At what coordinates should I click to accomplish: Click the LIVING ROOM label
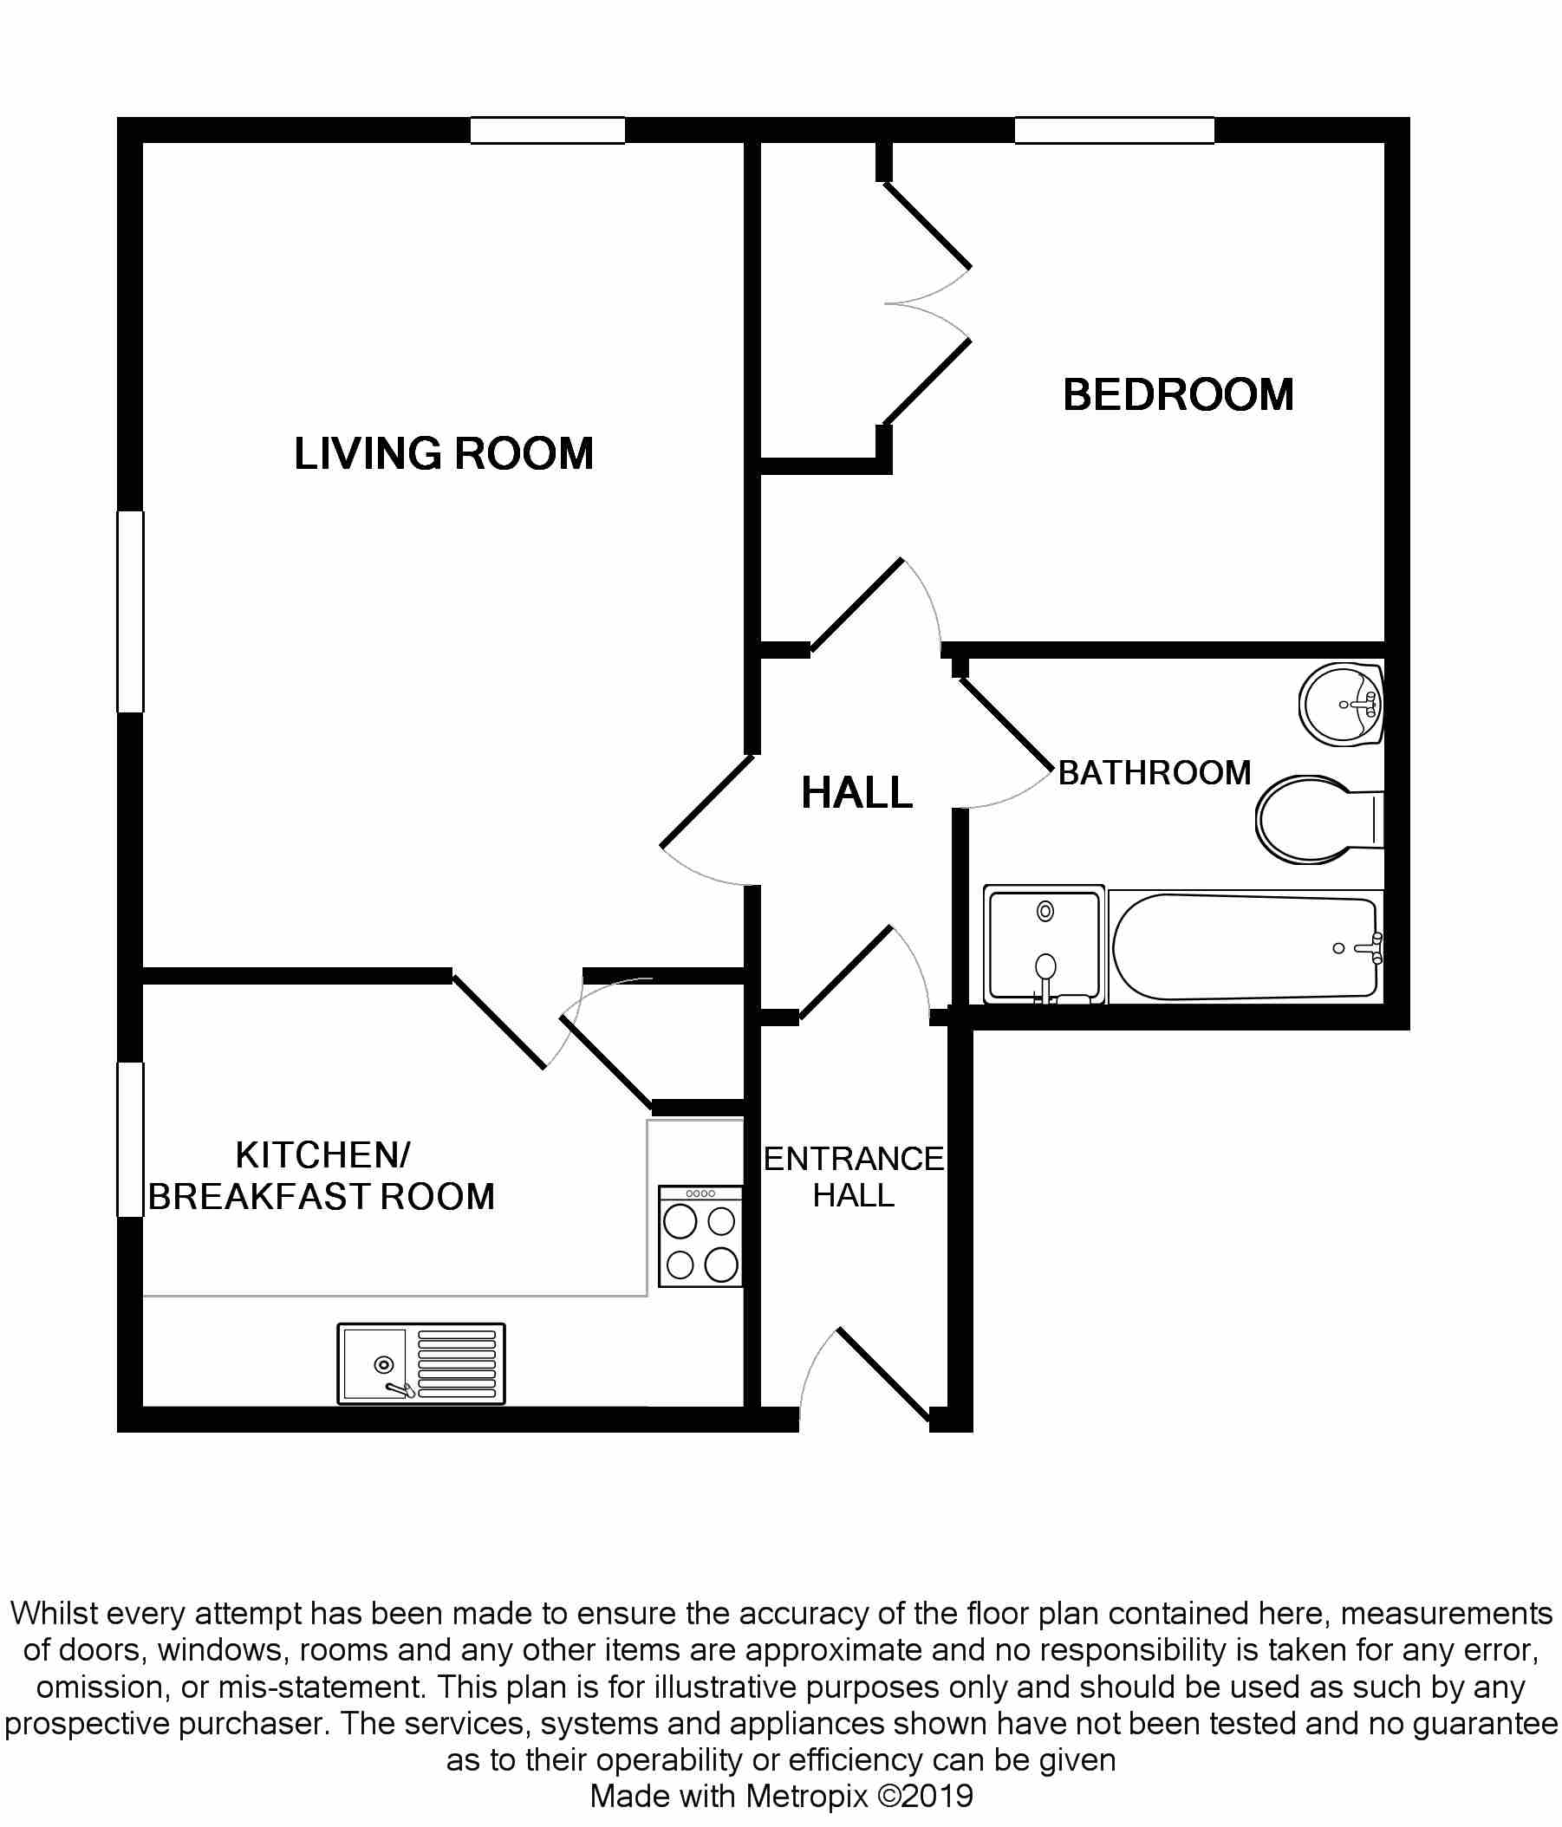[444, 454]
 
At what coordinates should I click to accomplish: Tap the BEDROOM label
[1177, 395]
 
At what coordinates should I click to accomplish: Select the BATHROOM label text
[1155, 773]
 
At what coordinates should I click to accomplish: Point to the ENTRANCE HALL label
[853, 1177]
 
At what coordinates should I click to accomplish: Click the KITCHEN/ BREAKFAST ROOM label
[321, 1176]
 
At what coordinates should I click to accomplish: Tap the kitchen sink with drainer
[420, 1364]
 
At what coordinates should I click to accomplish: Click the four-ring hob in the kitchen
[701, 1236]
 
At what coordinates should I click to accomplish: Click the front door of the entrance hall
[883, 1375]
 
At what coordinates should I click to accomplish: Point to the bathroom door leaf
[1006, 724]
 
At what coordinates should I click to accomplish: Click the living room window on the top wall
[548, 131]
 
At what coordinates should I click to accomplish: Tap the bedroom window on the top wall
[1114, 131]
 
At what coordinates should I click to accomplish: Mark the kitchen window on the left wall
[131, 1140]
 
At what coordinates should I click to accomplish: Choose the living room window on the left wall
[131, 612]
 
